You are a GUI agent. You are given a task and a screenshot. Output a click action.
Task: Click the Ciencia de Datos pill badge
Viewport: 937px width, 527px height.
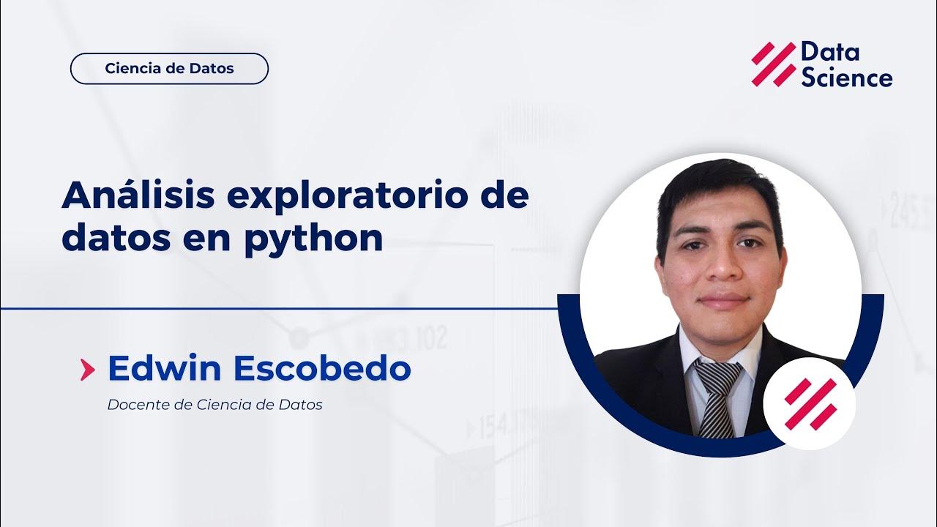(169, 69)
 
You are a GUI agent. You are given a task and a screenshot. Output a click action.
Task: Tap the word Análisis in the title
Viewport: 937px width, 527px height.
(138, 196)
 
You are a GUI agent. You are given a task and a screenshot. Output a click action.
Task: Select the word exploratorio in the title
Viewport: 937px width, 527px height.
(347, 198)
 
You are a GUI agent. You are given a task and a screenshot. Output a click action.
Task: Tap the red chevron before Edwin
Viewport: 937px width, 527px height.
(87, 370)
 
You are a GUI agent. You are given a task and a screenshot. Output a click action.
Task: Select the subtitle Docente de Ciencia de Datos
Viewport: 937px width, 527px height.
(214, 405)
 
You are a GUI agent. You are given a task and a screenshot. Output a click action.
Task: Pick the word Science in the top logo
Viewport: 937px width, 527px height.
(846, 78)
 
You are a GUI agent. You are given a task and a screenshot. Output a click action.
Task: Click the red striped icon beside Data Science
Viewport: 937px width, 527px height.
(773, 64)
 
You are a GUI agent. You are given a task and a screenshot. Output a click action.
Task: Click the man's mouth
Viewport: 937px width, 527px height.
(723, 301)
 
